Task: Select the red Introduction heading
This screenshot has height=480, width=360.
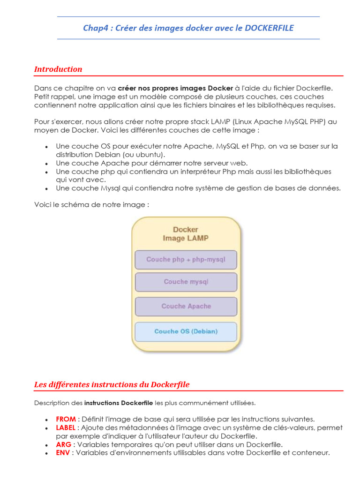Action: (58, 69)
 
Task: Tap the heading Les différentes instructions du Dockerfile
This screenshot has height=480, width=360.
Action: (112, 385)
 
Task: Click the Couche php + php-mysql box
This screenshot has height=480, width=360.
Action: (186, 260)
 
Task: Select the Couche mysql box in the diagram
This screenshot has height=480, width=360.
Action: (186, 282)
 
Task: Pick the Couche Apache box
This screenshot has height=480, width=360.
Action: (186, 307)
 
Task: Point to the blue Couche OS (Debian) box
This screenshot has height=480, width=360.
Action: (186, 331)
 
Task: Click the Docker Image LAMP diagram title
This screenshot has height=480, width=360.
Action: (186, 234)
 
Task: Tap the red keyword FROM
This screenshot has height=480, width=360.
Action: (65, 419)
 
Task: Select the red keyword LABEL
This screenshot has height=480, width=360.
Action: (66, 427)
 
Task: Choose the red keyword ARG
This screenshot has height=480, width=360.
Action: (63, 444)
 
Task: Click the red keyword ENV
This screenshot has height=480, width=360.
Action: (63, 453)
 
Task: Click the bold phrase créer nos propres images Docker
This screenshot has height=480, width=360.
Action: (175, 88)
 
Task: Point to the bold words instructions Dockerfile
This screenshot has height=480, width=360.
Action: (119, 403)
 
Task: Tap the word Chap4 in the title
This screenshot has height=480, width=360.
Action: (95, 28)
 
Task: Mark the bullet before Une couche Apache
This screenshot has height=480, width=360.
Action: (46, 164)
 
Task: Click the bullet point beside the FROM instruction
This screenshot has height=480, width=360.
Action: (46, 420)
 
